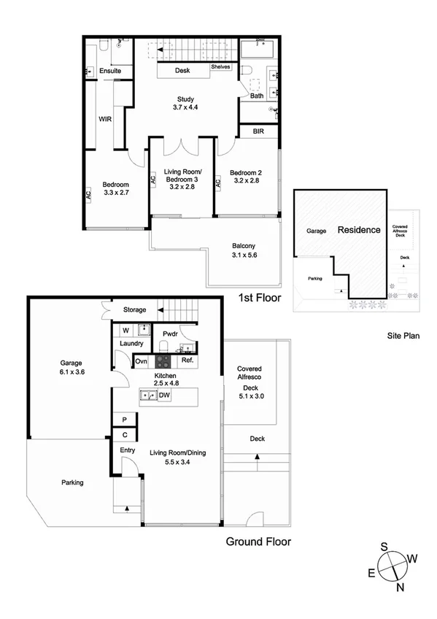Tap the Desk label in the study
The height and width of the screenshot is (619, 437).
[x=183, y=72]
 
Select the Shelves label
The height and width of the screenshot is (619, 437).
[x=220, y=67]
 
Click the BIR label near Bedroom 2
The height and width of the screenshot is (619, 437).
[x=258, y=132]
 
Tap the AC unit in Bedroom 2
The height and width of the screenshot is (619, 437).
[x=218, y=185]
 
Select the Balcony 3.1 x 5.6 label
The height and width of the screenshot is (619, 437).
[x=244, y=250]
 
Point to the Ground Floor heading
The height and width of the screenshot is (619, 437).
[x=258, y=542]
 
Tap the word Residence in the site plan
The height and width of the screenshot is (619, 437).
[x=358, y=230]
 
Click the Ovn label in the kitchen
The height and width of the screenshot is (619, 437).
[x=142, y=361]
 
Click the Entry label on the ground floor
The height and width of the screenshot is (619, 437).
[x=128, y=450]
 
